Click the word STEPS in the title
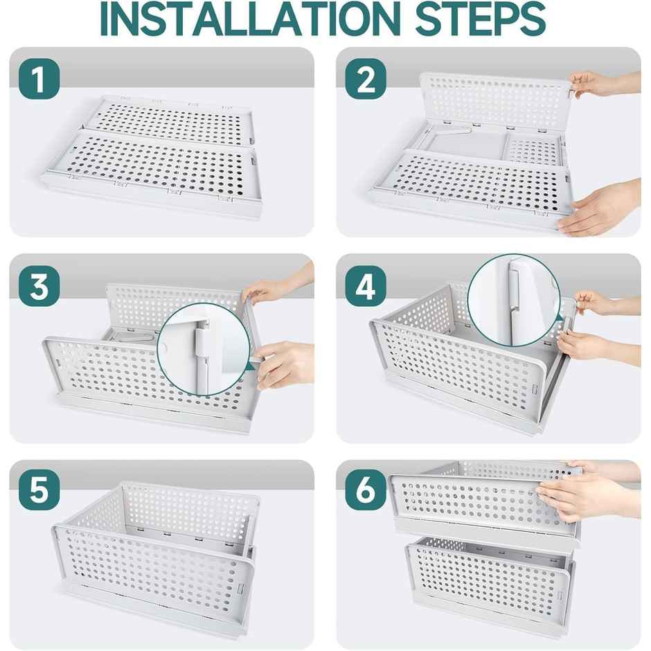point(478,20)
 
